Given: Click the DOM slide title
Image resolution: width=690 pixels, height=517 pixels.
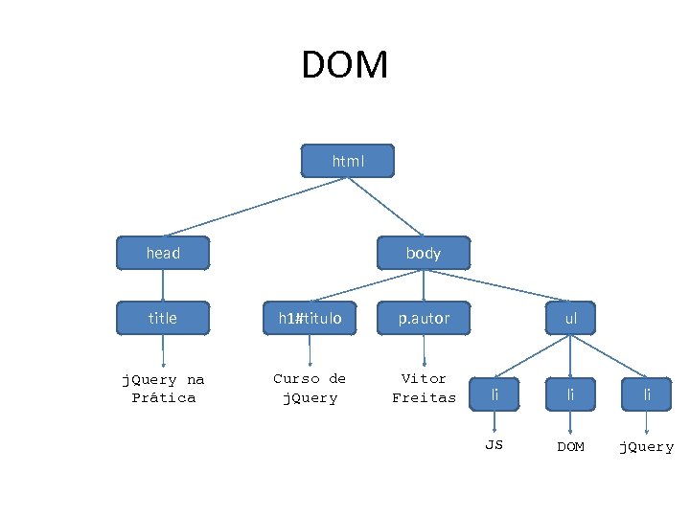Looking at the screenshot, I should pyautogui.click(x=345, y=66).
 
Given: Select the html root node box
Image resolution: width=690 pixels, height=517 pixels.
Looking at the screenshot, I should pyautogui.click(x=347, y=162).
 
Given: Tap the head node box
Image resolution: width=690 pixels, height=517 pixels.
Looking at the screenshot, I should pyautogui.click(x=163, y=254).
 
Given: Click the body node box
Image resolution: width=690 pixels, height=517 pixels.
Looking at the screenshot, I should pyautogui.click(x=424, y=254).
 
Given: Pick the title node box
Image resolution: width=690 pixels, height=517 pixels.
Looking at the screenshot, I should pyautogui.click(x=163, y=318).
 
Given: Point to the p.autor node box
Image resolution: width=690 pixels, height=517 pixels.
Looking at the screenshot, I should pyautogui.click(x=424, y=318).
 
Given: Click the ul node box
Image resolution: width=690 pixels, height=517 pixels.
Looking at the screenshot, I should pyautogui.click(x=571, y=318).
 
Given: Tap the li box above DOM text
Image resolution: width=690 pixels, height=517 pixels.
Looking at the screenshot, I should pyautogui.click(x=571, y=394).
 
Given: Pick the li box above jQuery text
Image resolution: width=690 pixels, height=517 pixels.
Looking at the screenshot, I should pyautogui.click(x=646, y=394).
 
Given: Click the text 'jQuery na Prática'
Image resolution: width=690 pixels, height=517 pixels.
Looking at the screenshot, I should pyautogui.click(x=163, y=389).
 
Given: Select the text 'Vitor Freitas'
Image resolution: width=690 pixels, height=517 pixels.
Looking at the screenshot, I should pyautogui.click(x=424, y=389).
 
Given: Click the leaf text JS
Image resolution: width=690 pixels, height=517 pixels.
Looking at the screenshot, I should pyautogui.click(x=494, y=446).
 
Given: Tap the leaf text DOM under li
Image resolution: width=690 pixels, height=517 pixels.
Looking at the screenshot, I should pyautogui.click(x=571, y=447).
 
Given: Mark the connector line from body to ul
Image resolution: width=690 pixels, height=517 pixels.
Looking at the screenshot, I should pyautogui.click(x=498, y=286).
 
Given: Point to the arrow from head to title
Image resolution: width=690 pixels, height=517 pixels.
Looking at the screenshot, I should pyautogui.click(x=163, y=285).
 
